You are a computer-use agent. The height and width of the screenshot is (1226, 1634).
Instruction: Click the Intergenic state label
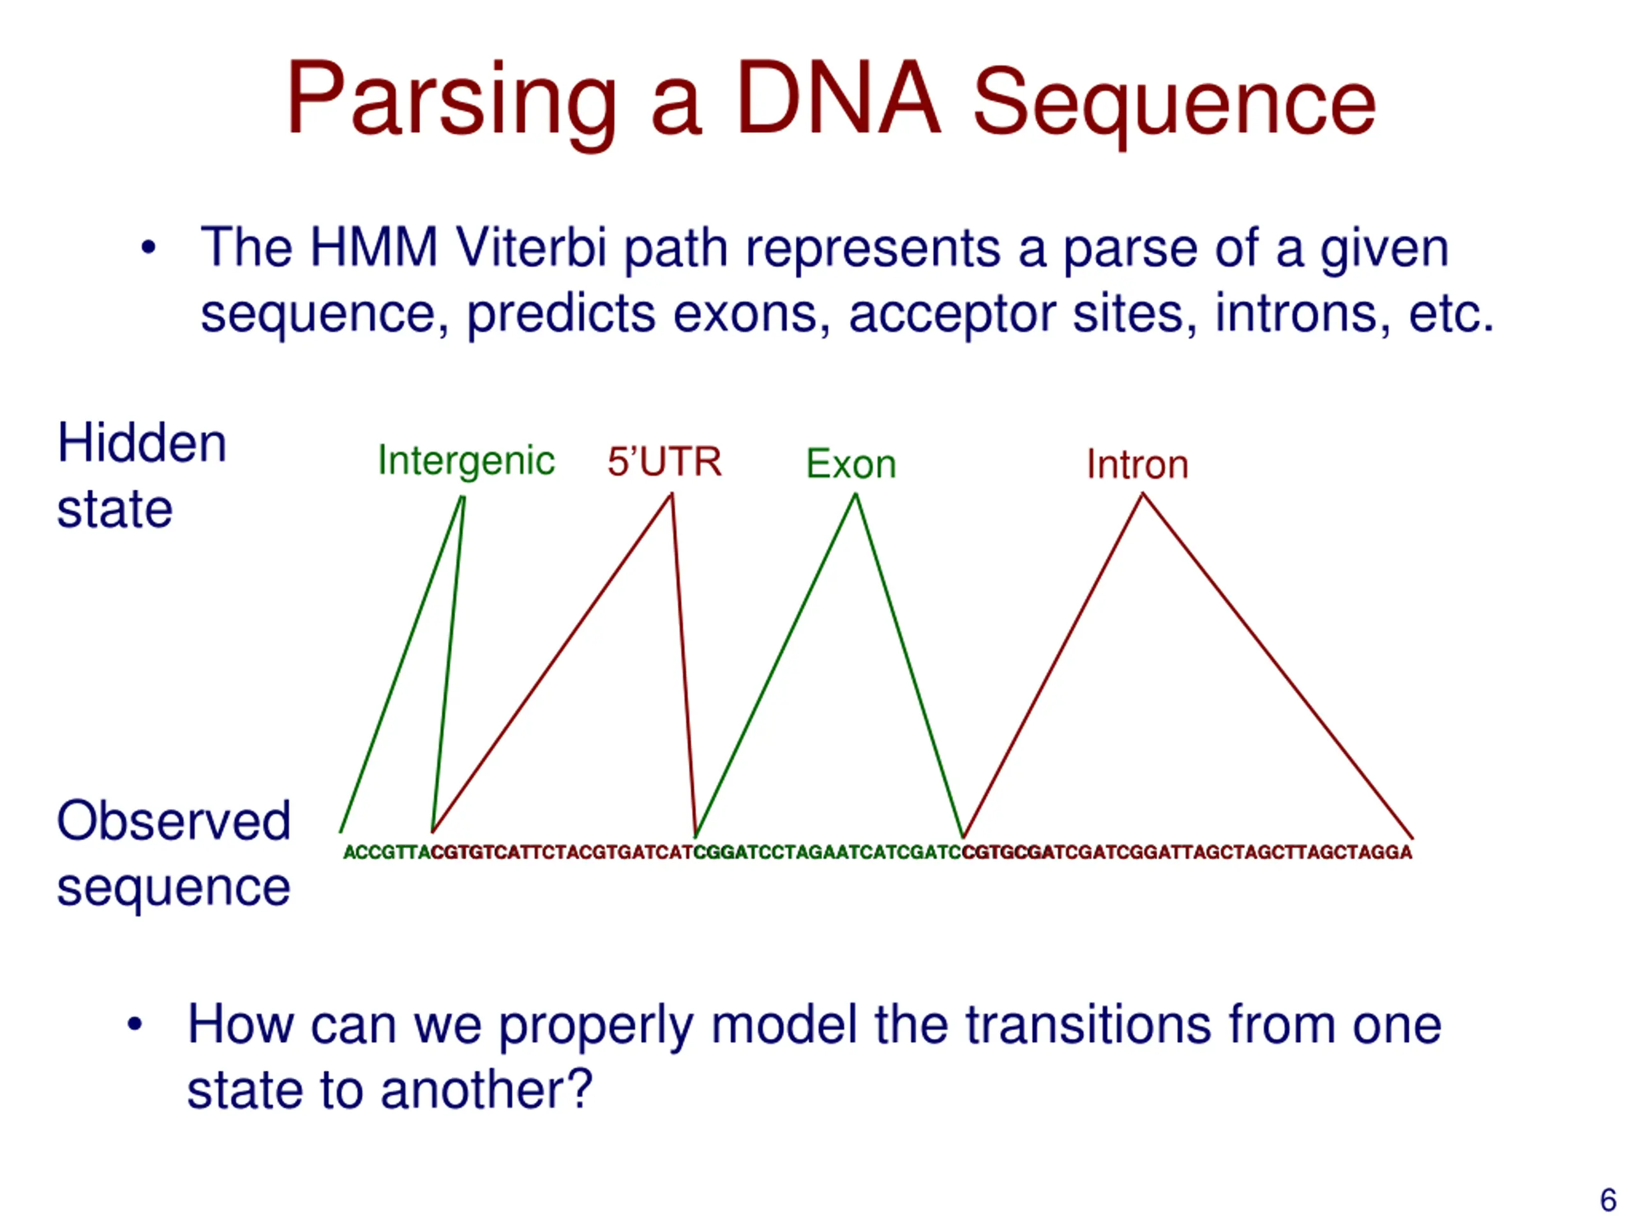(x=465, y=461)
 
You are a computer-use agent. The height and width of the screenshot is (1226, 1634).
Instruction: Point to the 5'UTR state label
(x=664, y=462)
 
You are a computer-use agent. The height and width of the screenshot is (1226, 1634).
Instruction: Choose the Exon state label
(x=851, y=464)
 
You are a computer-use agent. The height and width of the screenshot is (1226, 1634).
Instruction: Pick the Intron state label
(x=1137, y=465)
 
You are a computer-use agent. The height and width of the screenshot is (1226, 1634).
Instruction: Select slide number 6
(x=1607, y=1199)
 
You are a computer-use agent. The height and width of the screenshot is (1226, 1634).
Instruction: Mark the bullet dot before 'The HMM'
(x=149, y=248)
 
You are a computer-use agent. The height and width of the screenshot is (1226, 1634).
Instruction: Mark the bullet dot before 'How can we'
(x=135, y=1025)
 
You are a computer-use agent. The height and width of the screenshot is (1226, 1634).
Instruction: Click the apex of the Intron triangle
(x=1142, y=494)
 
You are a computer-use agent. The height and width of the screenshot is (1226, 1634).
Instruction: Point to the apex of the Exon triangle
(x=855, y=494)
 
